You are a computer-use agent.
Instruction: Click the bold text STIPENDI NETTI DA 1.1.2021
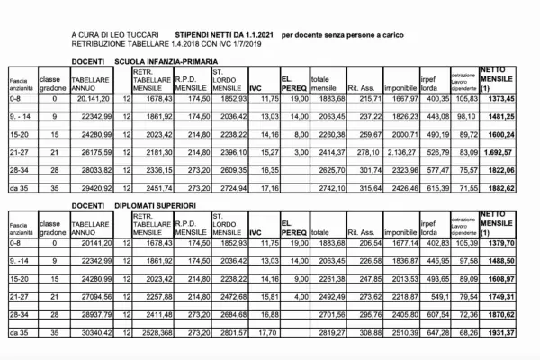(x=224, y=33)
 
